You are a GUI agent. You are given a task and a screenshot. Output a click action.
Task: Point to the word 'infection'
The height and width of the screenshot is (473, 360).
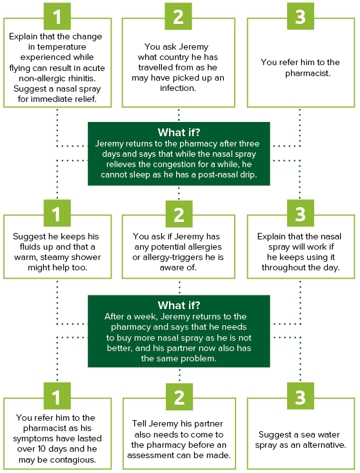pyautogui.click(x=177, y=88)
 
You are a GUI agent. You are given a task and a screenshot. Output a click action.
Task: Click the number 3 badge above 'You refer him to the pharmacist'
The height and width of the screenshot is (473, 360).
pyautogui.click(x=300, y=16)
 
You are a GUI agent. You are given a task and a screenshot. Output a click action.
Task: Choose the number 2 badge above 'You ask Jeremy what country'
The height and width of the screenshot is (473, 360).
pyautogui.click(x=178, y=16)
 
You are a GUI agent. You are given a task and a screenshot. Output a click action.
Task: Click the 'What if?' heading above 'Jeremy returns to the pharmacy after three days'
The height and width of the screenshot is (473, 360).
pyautogui.click(x=179, y=132)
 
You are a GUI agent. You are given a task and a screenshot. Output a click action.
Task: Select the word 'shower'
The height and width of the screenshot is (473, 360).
pyautogui.click(x=87, y=257)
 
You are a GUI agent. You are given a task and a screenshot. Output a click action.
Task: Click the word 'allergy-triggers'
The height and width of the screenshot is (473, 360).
pyautogui.click(x=172, y=257)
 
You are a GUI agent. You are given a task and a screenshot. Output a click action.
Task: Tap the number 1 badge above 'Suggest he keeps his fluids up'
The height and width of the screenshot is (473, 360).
pyautogui.click(x=57, y=213)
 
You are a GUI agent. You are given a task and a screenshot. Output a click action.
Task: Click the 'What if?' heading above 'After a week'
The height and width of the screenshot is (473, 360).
pyautogui.click(x=179, y=305)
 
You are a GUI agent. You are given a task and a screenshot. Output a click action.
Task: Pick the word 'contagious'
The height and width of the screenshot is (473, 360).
pyautogui.click(x=74, y=459)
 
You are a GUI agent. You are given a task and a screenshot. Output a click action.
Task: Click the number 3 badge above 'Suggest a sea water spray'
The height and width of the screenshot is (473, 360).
pyautogui.click(x=300, y=396)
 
